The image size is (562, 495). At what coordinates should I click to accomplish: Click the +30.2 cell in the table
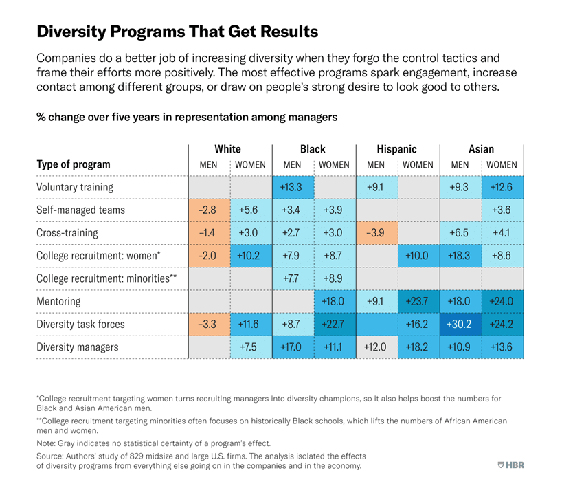point(460,324)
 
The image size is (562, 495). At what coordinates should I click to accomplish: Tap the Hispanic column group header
point(396,149)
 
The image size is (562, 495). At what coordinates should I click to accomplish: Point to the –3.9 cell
point(376,232)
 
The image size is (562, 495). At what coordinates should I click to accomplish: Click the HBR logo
point(510,465)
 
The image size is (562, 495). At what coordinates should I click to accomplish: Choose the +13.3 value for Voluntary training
point(292,187)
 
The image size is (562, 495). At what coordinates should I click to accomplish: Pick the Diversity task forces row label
point(81,324)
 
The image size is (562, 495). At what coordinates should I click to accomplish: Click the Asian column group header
point(481,149)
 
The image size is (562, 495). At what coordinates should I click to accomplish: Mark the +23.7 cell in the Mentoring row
point(418,301)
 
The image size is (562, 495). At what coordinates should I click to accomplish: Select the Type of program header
point(74,165)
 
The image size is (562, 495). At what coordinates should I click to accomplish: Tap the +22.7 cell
point(334,324)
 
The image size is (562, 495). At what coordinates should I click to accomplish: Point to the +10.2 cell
point(250,256)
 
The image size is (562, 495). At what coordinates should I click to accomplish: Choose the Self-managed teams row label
point(80,210)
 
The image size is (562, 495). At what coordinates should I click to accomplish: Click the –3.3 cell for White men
point(208,324)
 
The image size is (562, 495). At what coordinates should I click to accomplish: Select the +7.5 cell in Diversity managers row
point(250,347)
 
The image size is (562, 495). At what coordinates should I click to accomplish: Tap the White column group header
point(229,149)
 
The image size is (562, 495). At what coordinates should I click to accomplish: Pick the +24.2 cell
point(502,324)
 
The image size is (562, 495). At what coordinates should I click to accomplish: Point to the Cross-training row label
point(67,232)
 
